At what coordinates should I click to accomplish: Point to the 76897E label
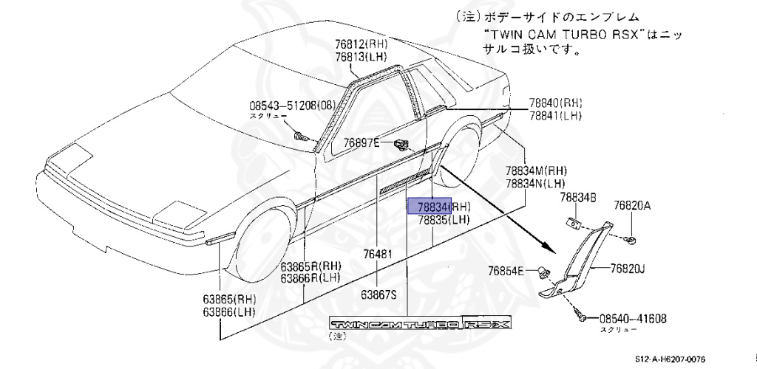(361, 142)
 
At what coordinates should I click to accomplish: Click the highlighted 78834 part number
(430, 207)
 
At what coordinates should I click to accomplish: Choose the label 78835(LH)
(444, 219)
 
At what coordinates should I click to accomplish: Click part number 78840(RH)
(555, 103)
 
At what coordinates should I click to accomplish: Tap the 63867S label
(379, 294)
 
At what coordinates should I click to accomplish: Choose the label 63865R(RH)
(310, 266)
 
